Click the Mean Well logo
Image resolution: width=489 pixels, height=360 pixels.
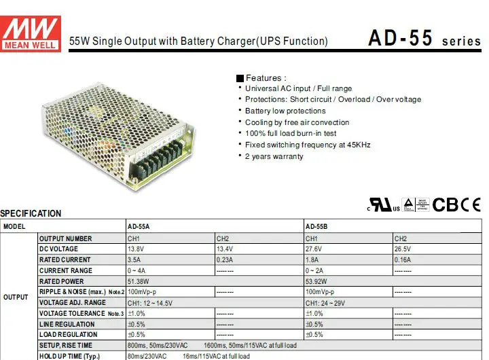pyautogui.click(x=31, y=32)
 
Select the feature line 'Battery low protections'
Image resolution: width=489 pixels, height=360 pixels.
pyautogui.click(x=285, y=111)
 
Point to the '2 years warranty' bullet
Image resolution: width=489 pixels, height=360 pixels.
pyautogui.click(x=274, y=156)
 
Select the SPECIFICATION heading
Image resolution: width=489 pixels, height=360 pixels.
pyautogui.click(x=31, y=213)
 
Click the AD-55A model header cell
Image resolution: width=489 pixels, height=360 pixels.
pyautogui.click(x=139, y=226)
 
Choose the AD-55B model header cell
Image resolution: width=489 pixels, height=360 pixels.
pyautogui.click(x=317, y=226)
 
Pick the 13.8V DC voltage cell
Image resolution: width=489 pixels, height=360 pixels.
pyautogui.click(x=137, y=249)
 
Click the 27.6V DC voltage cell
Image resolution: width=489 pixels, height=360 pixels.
pyautogui.click(x=314, y=249)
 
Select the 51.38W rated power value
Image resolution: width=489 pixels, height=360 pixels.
pyautogui.click(x=139, y=281)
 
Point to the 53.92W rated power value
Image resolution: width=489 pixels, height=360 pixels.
pyautogui.click(x=317, y=281)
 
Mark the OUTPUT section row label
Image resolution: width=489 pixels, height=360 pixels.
pyautogui.click(x=16, y=298)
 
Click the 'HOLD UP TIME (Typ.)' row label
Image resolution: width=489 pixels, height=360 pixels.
pyautogui.click(x=69, y=356)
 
